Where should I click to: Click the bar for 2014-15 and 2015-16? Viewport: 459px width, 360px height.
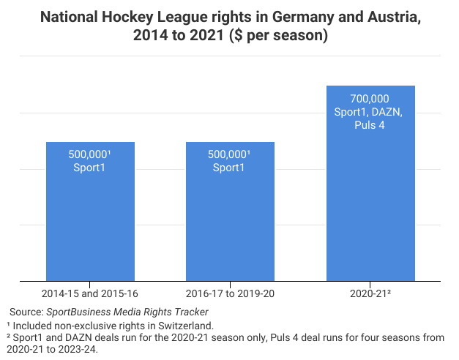coord(90,220)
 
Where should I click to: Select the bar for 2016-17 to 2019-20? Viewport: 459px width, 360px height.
coord(230,220)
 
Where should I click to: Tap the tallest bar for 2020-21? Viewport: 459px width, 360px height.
coord(370,205)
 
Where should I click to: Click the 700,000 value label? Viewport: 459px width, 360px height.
coord(370,99)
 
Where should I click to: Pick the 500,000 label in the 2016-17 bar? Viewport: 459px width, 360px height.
coord(229,154)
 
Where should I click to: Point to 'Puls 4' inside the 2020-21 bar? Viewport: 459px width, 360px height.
coord(370,125)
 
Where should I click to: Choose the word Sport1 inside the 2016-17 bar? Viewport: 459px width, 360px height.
coord(230,168)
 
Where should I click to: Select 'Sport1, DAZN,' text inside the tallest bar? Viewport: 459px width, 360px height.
coord(370,112)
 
